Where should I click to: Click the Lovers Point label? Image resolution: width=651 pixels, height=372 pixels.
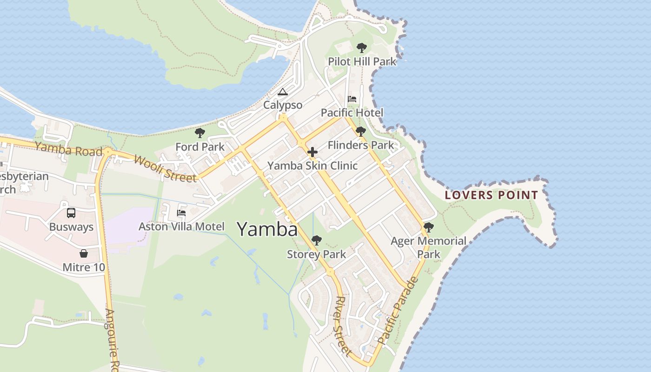pyautogui.click(x=491, y=195)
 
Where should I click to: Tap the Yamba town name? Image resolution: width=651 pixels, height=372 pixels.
pyautogui.click(x=267, y=229)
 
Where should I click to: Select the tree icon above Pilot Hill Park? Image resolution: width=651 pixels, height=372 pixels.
pyautogui.click(x=361, y=47)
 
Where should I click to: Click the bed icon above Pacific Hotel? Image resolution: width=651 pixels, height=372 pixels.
pyautogui.click(x=352, y=99)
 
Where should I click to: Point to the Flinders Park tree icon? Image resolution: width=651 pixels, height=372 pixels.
pyautogui.click(x=360, y=132)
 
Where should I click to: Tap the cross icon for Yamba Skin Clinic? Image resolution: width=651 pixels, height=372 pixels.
pyautogui.click(x=312, y=152)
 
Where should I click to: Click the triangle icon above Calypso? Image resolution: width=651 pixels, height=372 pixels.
pyautogui.click(x=283, y=92)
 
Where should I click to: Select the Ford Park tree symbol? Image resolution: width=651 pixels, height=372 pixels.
pyautogui.click(x=200, y=133)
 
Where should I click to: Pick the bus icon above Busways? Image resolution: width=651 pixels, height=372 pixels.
pyautogui.click(x=71, y=213)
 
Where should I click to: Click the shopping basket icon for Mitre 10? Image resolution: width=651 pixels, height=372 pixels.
pyautogui.click(x=84, y=253)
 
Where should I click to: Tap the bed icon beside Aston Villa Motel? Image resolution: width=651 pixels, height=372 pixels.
pyautogui.click(x=181, y=213)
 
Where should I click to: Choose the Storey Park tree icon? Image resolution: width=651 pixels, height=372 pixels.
pyautogui.click(x=317, y=240)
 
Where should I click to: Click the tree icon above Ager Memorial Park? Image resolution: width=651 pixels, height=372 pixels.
pyautogui.click(x=429, y=227)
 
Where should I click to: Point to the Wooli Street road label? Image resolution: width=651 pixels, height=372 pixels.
pyautogui.click(x=165, y=168)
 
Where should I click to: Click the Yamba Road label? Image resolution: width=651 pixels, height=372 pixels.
pyautogui.click(x=68, y=149)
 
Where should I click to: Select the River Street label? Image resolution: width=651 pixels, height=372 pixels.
pyautogui.click(x=343, y=325)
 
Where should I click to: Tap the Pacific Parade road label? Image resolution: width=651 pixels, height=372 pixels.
pyautogui.click(x=398, y=311)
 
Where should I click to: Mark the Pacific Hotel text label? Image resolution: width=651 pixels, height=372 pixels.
pyautogui.click(x=352, y=113)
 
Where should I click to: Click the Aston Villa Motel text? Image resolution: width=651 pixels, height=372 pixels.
pyautogui.click(x=181, y=226)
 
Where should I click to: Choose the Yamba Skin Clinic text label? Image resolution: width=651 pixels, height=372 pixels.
pyautogui.click(x=312, y=166)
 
